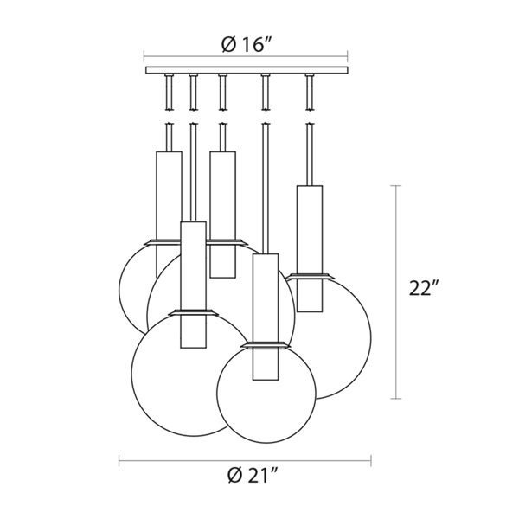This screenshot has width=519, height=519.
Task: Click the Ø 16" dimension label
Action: (247, 44)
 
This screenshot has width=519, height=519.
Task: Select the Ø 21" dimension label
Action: (252, 476)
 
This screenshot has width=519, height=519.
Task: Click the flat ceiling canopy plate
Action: (247, 70)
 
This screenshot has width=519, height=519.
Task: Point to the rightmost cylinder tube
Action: (310, 248)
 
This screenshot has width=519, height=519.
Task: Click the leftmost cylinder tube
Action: (169, 215)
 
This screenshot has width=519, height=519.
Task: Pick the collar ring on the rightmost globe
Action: (310, 277)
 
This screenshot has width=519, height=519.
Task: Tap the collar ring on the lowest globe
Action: (266, 344)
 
